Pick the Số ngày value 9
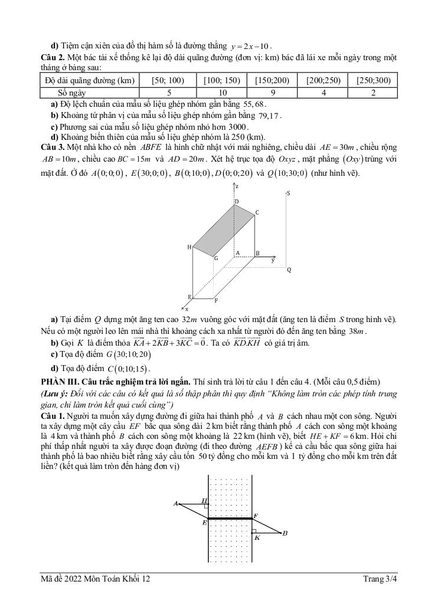pos(272,93)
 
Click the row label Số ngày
pos(73,93)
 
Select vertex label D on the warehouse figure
pos(236,202)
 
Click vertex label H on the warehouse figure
pos(190,247)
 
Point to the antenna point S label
pos(288,193)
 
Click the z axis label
pos(237,186)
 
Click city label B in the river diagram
pos(285,533)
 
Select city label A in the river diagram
pos(175,503)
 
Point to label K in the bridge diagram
pos(256,537)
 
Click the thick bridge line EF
pos(230,518)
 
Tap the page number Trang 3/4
pos(380,579)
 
